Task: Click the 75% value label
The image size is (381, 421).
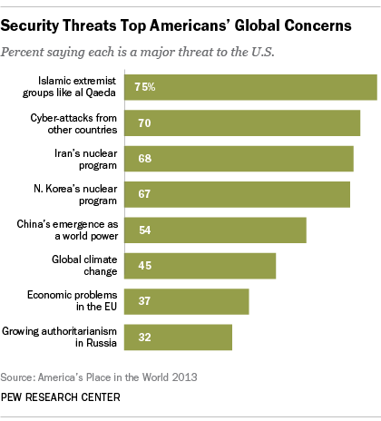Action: point(145,87)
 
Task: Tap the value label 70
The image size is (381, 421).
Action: point(142,122)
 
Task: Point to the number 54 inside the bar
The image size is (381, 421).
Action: point(142,230)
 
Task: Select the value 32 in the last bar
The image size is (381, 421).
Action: point(142,337)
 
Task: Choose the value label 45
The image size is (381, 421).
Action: point(142,266)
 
